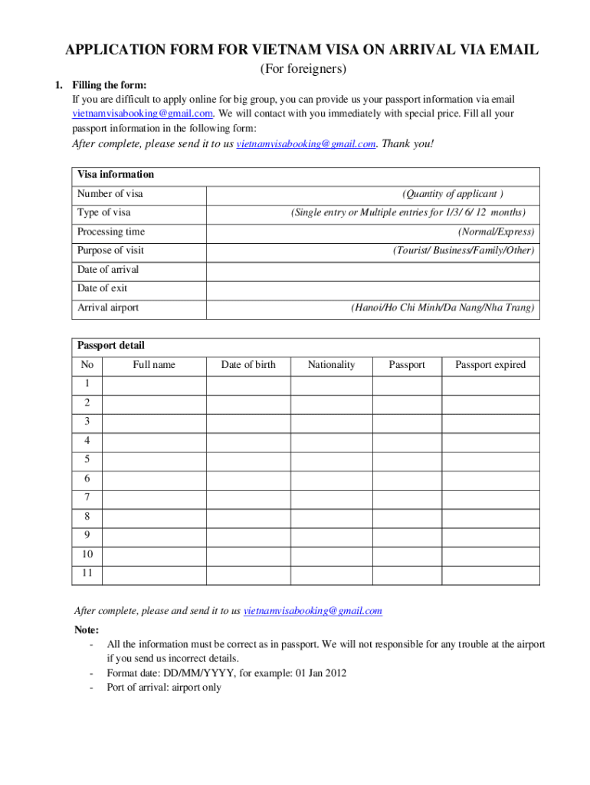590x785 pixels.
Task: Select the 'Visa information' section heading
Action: coord(116,174)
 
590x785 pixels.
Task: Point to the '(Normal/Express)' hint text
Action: coord(496,232)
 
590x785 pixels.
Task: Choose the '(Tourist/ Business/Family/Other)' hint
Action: coord(464,251)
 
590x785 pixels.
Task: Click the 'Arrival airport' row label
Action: coord(108,308)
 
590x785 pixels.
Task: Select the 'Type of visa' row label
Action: coord(104,212)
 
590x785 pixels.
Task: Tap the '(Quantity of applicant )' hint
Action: coord(453,194)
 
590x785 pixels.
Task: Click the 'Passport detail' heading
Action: coord(111,346)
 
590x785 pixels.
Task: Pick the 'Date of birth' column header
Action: coord(248,365)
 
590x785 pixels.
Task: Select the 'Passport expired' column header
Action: coord(490,365)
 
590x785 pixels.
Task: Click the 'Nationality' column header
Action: coord(331,365)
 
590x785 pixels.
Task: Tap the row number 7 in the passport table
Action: coord(87,498)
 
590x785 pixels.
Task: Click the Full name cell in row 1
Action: coord(153,384)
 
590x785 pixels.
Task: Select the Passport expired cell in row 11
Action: coord(490,574)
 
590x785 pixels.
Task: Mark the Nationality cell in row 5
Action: coord(331,460)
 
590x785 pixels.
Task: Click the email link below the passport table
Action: coord(313,611)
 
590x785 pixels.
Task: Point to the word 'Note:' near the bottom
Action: coord(87,630)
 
